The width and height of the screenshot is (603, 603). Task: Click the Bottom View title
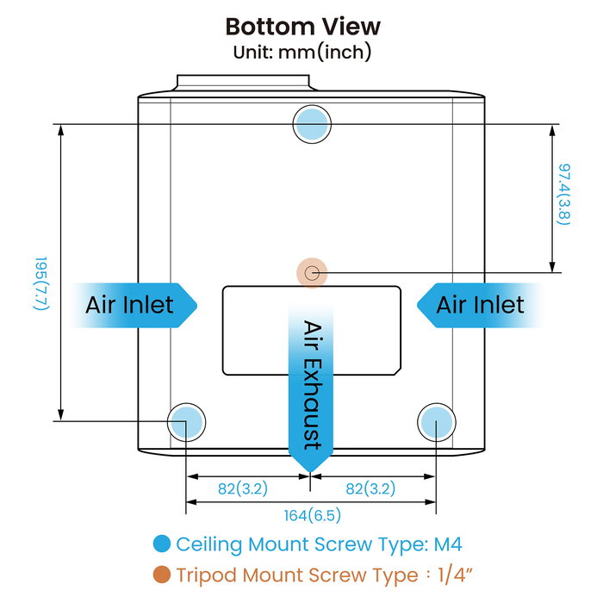(x=301, y=26)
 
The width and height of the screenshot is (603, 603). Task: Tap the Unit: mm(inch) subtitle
(x=301, y=52)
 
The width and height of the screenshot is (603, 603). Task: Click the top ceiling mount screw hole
(x=312, y=125)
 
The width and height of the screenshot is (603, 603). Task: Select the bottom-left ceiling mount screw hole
(x=187, y=421)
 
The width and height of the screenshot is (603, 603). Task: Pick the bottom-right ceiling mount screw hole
(x=436, y=421)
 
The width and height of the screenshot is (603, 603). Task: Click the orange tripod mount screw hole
(x=312, y=273)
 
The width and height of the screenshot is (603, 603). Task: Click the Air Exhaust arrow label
(x=311, y=383)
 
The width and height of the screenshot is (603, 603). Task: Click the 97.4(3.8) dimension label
(x=564, y=195)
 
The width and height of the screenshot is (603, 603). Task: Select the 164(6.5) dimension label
(x=312, y=516)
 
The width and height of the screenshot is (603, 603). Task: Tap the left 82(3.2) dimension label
(x=242, y=488)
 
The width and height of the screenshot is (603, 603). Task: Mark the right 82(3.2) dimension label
(x=370, y=488)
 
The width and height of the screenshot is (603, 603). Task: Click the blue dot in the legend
(x=160, y=544)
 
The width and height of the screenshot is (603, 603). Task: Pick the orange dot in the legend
(x=160, y=575)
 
